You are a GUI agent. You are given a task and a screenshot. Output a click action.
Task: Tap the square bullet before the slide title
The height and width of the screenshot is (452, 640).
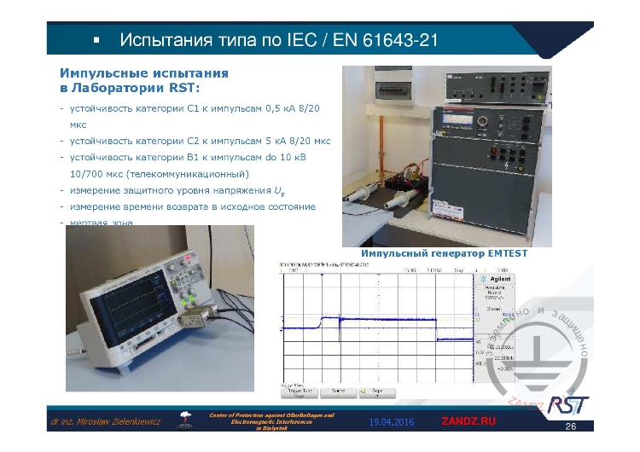pos(96,40)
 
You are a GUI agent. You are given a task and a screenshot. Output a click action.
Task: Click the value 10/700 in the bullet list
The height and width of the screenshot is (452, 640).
pos(88,174)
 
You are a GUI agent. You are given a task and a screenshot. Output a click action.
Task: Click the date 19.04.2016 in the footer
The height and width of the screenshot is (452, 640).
pos(391,422)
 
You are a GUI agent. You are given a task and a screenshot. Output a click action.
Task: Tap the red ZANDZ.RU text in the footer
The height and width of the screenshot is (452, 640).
pos(468,421)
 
